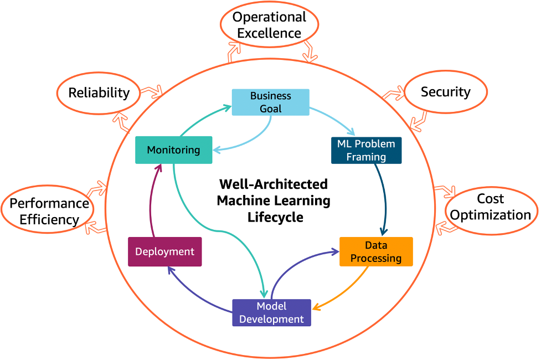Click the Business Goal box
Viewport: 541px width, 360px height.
click(270, 102)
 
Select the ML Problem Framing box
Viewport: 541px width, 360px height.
click(366, 150)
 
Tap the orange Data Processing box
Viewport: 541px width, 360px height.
click(375, 251)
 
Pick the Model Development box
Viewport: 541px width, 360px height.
click(271, 313)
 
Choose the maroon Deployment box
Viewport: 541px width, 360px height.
click(164, 251)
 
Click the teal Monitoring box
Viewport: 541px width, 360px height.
click(173, 150)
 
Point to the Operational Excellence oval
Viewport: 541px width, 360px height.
click(269, 25)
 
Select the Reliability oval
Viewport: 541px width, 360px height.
click(99, 92)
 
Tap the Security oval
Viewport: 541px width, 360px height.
click(445, 92)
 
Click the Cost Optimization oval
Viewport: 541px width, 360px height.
click(491, 207)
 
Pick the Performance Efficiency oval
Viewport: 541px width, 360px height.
click(49, 212)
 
